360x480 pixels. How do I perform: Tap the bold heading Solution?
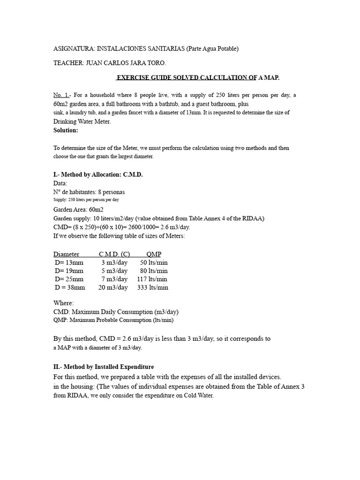(x=66, y=130)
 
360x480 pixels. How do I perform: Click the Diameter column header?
(x=66, y=254)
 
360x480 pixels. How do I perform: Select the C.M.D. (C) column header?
(x=114, y=254)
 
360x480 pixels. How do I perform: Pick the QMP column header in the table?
(x=154, y=254)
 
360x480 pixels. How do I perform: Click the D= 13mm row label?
(x=69, y=262)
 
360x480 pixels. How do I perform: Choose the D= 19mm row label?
(x=69, y=271)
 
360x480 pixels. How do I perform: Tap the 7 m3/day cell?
(x=114, y=279)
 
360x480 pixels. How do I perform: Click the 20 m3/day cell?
(x=113, y=288)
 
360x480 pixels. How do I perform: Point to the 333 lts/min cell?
(x=153, y=288)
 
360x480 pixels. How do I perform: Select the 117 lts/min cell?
(x=152, y=279)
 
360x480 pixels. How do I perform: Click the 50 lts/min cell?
(x=154, y=262)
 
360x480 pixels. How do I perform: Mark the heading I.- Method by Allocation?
(x=98, y=175)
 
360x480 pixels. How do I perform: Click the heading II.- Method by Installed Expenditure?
(x=104, y=367)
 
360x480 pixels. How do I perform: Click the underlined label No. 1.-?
(x=62, y=95)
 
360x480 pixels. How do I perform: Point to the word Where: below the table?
(x=63, y=303)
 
